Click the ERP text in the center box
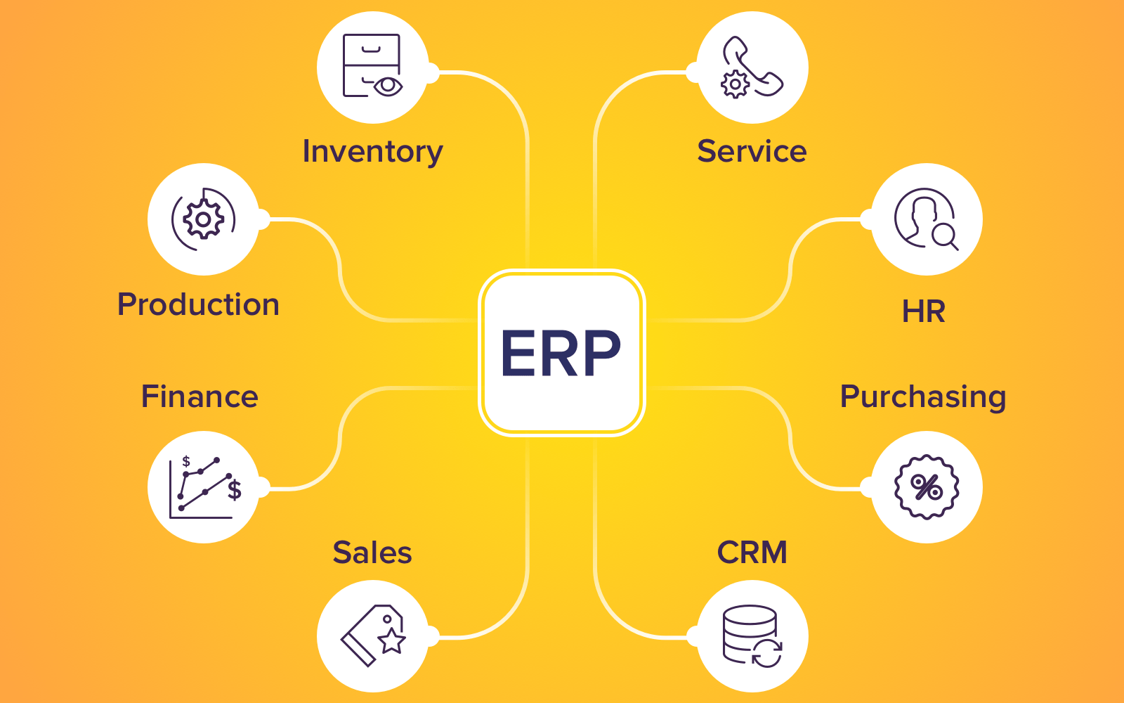pyautogui.click(x=561, y=353)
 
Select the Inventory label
pyautogui.click(x=372, y=152)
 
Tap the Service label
pyautogui.click(x=752, y=151)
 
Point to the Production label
pyautogui.click(x=198, y=305)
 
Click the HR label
pyautogui.click(x=923, y=311)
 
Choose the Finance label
pyautogui.click(x=200, y=396)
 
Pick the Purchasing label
pyautogui.click(x=923, y=397)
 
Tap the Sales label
pyautogui.click(x=372, y=553)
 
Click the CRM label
pyautogui.click(x=752, y=553)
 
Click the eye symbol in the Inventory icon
pyautogui.click(x=388, y=86)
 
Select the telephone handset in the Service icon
pyautogui.click(x=754, y=66)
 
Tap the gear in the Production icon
pyautogui.click(x=203, y=219)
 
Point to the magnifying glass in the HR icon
pyautogui.click(x=944, y=238)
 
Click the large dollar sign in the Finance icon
pyautogui.click(x=235, y=489)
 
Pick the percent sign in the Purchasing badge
pyautogui.click(x=926, y=486)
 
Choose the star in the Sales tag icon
pyautogui.click(x=391, y=640)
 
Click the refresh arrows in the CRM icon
pyautogui.click(x=766, y=653)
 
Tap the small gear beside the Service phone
pyautogui.click(x=735, y=84)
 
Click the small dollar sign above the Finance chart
pyautogui.click(x=186, y=461)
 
